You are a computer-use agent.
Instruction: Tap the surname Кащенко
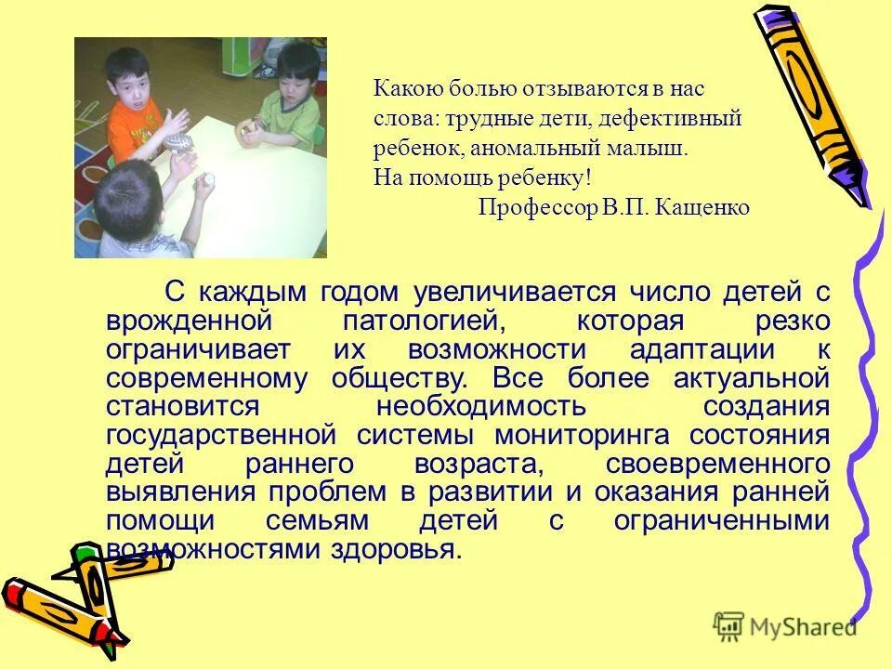pyautogui.click(x=702, y=207)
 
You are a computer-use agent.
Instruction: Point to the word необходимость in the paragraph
pyautogui.click(x=481, y=407)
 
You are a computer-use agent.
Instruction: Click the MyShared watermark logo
pyautogui.click(x=786, y=627)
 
